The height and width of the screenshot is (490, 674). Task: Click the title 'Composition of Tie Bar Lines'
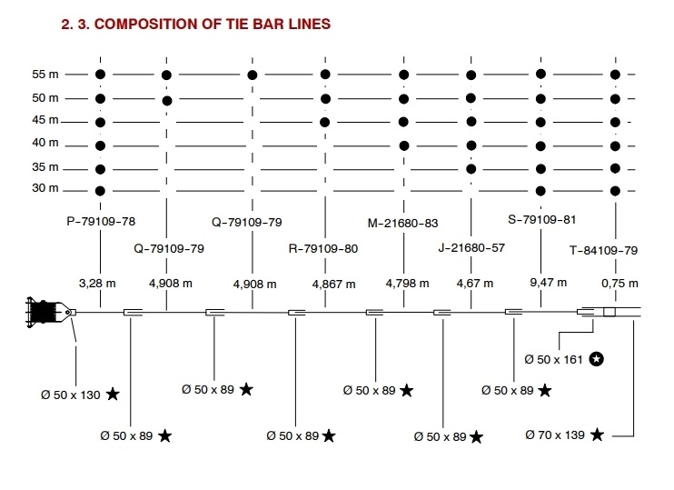(193, 24)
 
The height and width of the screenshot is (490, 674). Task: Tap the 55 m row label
(45, 75)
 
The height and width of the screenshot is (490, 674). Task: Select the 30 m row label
(45, 189)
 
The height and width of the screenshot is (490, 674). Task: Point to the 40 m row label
(45, 144)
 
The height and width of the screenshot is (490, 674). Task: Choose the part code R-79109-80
(322, 247)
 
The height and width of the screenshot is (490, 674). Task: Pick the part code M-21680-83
(402, 224)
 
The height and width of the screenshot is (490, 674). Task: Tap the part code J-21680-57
(471, 247)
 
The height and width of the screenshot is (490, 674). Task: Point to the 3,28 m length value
(98, 284)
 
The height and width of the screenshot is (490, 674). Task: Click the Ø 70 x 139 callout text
(556, 435)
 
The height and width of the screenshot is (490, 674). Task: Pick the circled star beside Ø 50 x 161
(597, 359)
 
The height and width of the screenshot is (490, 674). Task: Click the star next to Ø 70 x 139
(597, 435)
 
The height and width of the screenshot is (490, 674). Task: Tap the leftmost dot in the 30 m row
(100, 190)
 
